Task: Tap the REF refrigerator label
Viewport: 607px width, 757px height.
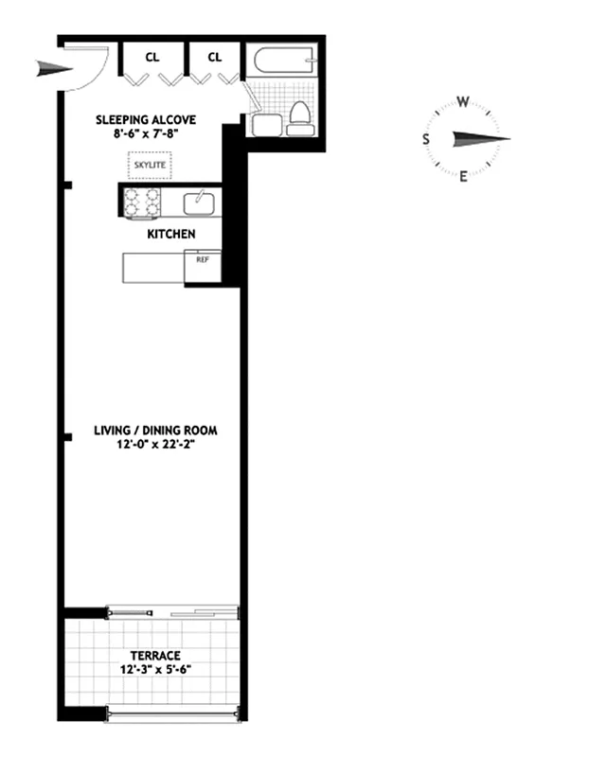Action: [202, 258]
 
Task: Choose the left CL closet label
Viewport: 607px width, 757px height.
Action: [152, 57]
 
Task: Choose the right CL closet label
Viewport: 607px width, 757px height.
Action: [215, 57]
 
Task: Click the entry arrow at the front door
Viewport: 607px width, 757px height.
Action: [54, 67]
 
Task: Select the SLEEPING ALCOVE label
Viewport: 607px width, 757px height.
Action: [146, 120]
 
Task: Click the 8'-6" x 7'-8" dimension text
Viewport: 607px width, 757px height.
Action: [146, 134]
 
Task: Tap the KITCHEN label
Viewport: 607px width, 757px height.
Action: [170, 233]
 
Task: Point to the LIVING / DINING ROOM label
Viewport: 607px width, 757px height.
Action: [155, 431]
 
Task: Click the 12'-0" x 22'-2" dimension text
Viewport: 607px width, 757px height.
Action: [155, 445]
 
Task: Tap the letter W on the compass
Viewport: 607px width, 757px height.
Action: [463, 101]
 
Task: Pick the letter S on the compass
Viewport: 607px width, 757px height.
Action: [426, 139]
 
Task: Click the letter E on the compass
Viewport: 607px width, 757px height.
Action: [463, 176]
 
